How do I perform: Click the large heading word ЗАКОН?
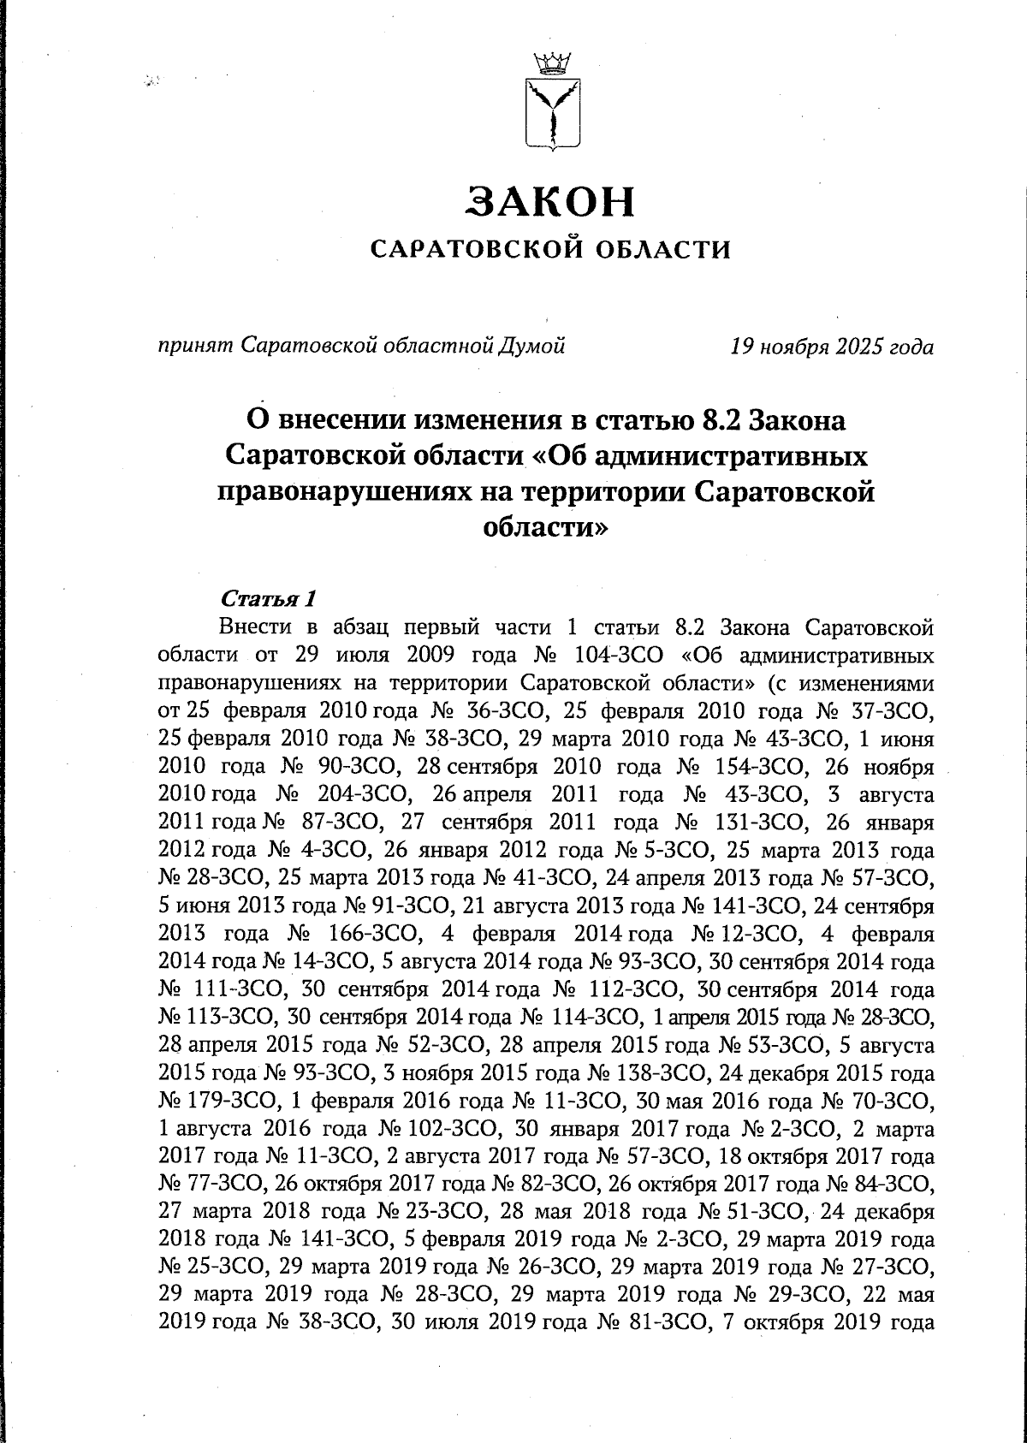(551, 202)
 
